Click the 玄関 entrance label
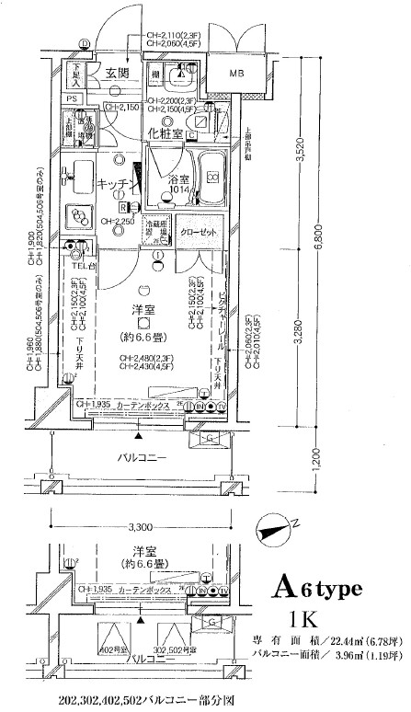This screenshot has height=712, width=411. pos(116,74)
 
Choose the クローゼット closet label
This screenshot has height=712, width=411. pos(198,232)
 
